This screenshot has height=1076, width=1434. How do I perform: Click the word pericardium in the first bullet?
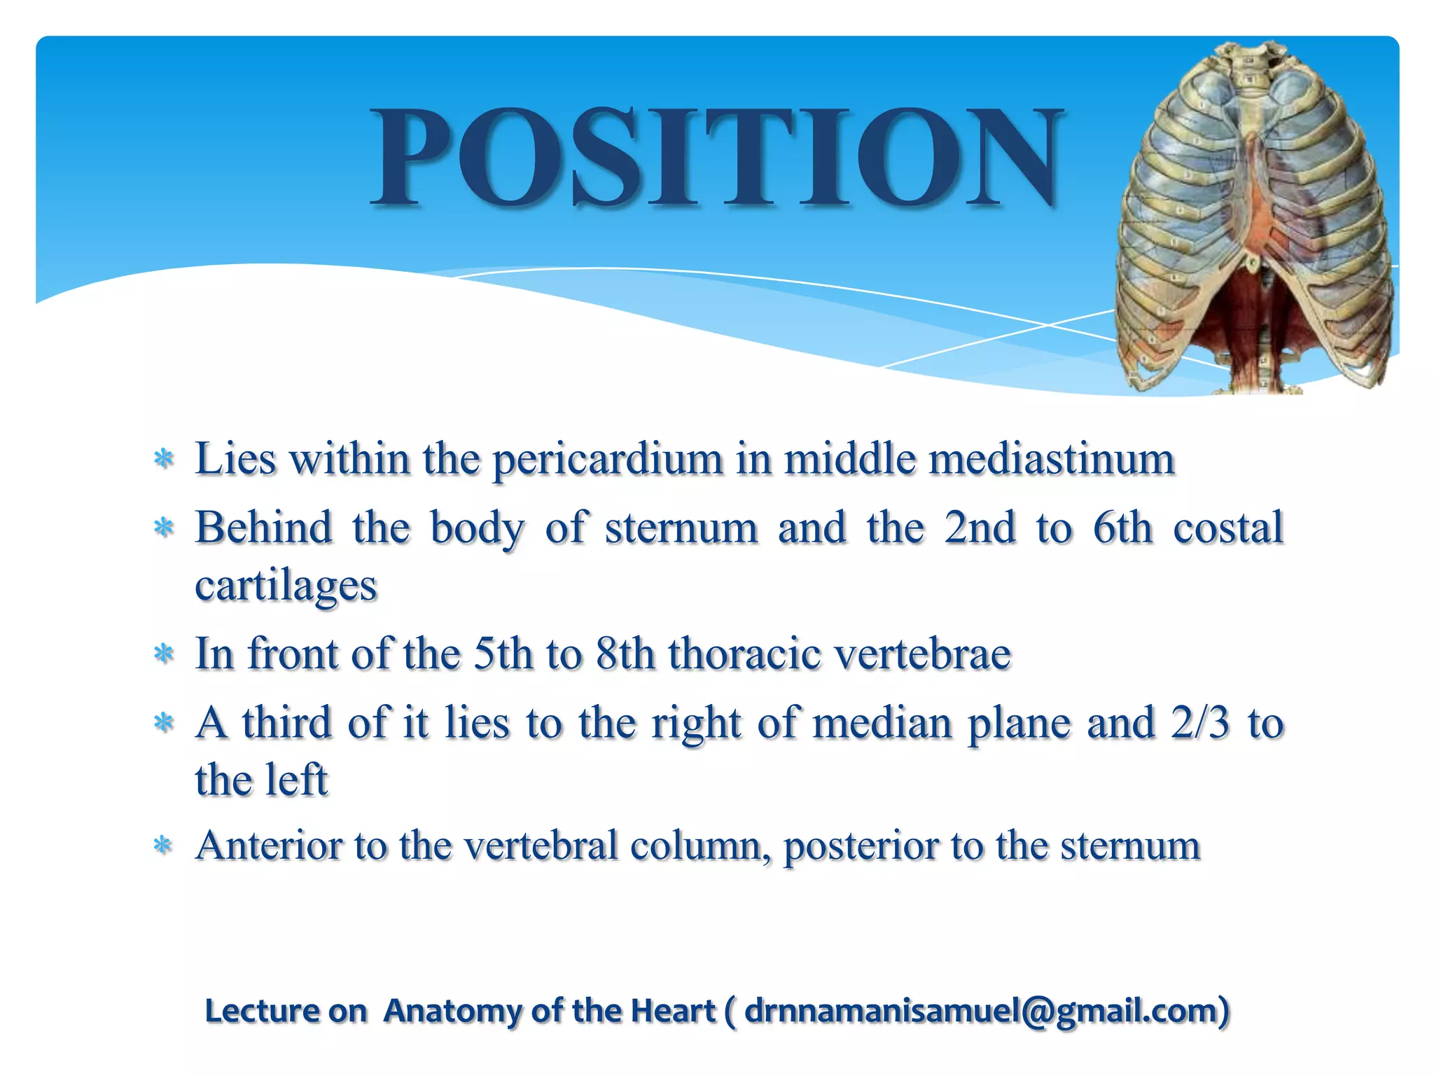pos(607,460)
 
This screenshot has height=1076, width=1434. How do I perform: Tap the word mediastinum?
pos(1048,460)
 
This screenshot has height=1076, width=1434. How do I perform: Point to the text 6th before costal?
pos(1122,528)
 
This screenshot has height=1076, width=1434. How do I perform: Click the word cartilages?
pos(286,586)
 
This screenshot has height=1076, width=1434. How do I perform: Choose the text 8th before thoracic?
pos(625,654)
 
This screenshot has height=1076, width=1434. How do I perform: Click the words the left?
pos(260,780)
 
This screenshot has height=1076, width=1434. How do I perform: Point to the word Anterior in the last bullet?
pos(268,846)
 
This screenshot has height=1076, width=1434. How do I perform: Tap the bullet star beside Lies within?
pos(163,460)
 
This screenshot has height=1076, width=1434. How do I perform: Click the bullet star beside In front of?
pos(163,654)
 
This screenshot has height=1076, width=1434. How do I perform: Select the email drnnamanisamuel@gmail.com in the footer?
pos(980,1011)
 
